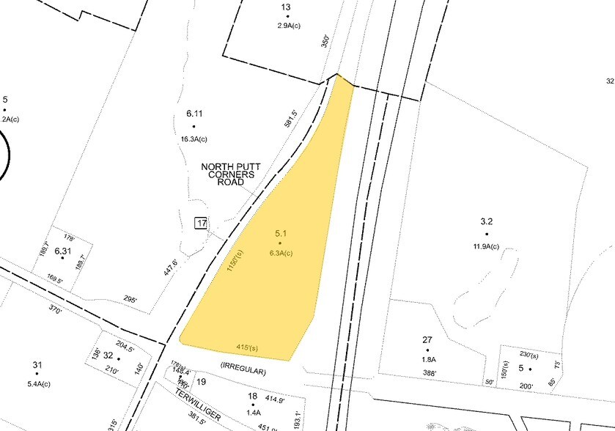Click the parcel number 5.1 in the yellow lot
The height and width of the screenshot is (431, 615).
tap(279, 234)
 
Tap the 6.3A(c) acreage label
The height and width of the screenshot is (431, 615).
tap(279, 254)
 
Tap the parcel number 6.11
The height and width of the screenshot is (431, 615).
tap(194, 114)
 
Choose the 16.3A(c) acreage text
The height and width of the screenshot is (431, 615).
tap(194, 139)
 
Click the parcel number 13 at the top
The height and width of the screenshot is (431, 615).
tap(286, 7)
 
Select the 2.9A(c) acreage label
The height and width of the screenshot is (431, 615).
tap(287, 26)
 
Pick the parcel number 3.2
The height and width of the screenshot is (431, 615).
tap(487, 221)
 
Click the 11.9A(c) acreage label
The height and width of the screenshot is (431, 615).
tap(485, 246)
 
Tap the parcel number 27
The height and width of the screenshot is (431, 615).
tap(427, 339)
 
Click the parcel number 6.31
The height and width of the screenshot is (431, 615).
tap(63, 251)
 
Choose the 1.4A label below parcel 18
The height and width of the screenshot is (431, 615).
tap(254, 413)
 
